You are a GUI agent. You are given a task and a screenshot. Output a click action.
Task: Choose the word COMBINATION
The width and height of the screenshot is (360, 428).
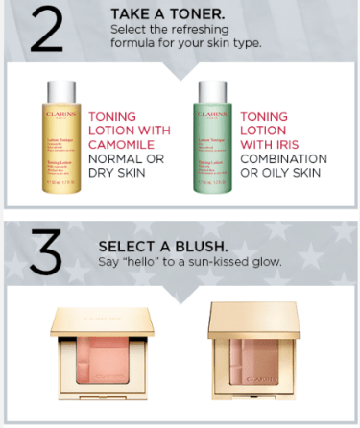coord(288,157)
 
